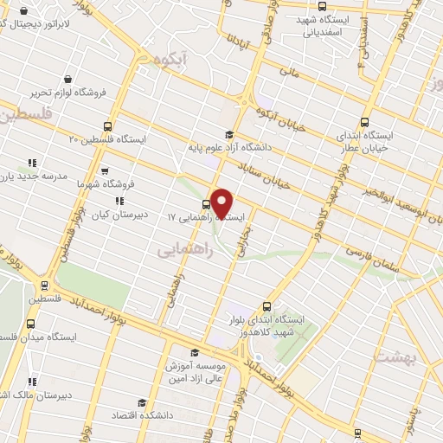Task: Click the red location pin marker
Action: point(221,203)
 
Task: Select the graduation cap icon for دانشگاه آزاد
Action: point(228,134)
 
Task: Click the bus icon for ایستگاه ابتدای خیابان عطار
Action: point(364,122)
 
